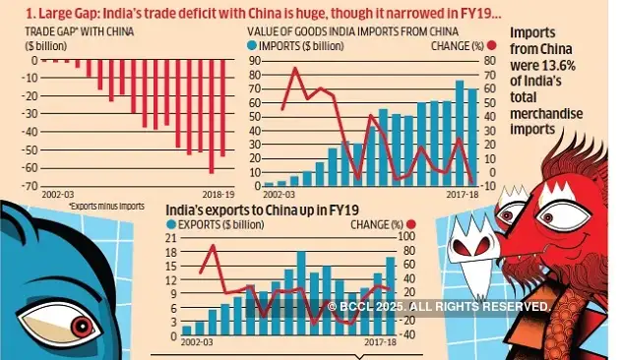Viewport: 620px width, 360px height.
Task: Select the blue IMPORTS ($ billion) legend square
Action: (x=252, y=45)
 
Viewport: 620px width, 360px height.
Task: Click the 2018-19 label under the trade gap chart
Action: (x=217, y=197)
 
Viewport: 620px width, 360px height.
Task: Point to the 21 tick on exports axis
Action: (x=170, y=238)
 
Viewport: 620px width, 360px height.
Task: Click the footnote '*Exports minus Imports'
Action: (x=106, y=207)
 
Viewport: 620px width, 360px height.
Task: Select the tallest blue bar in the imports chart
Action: (x=459, y=133)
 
